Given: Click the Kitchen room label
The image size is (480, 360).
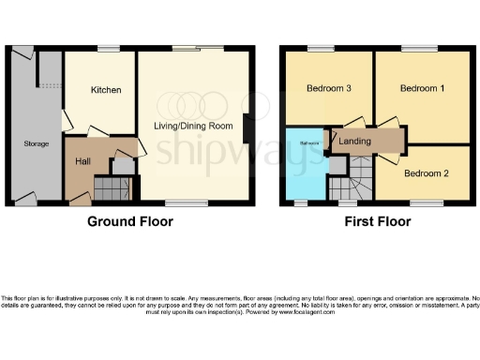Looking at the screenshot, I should coord(106,89).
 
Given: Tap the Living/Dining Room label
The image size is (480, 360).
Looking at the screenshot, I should coord(193,126).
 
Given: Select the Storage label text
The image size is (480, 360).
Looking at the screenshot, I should coord(37,143).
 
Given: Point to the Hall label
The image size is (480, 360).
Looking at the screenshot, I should coord(82,160).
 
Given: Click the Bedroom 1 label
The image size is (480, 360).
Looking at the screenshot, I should coord(422,89).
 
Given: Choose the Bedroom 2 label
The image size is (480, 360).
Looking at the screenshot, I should coord(426,173).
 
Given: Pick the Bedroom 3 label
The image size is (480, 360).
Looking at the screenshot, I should coord(329,89).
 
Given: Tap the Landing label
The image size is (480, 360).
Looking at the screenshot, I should coord(354,141).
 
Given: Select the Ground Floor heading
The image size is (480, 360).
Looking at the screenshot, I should coord(131,222).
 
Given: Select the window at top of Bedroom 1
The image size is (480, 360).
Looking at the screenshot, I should coord(418,48).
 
